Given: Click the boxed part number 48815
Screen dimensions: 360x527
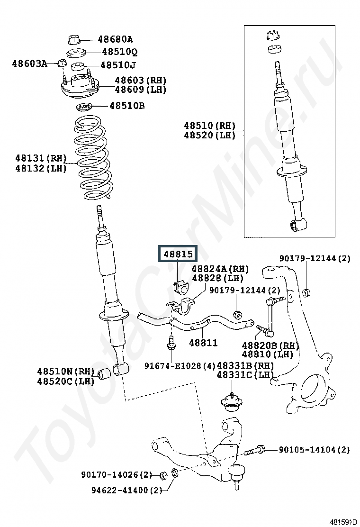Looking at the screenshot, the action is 178,254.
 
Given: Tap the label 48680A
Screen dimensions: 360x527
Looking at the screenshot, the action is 116,40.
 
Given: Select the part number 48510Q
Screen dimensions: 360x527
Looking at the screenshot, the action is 120,52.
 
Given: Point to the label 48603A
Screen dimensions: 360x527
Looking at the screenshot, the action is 30,63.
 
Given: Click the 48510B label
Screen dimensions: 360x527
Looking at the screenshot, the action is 127,106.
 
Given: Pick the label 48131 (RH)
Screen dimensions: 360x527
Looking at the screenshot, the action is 41,158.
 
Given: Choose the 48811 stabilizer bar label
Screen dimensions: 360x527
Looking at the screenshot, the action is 203,343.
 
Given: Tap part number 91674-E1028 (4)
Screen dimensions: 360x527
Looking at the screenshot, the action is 180,366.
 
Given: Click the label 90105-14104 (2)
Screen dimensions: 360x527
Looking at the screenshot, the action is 315,450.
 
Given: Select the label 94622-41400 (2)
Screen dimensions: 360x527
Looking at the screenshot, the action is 127,491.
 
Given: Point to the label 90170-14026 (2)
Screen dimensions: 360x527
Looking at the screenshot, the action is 117,475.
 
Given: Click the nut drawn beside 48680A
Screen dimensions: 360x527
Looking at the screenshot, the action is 74,39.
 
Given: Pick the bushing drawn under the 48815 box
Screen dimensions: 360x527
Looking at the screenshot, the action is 181,286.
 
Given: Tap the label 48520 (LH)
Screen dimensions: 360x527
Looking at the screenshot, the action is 209,136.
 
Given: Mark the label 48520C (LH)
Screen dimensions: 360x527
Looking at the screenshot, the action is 65,381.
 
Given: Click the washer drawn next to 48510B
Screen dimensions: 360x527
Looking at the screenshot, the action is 84,108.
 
